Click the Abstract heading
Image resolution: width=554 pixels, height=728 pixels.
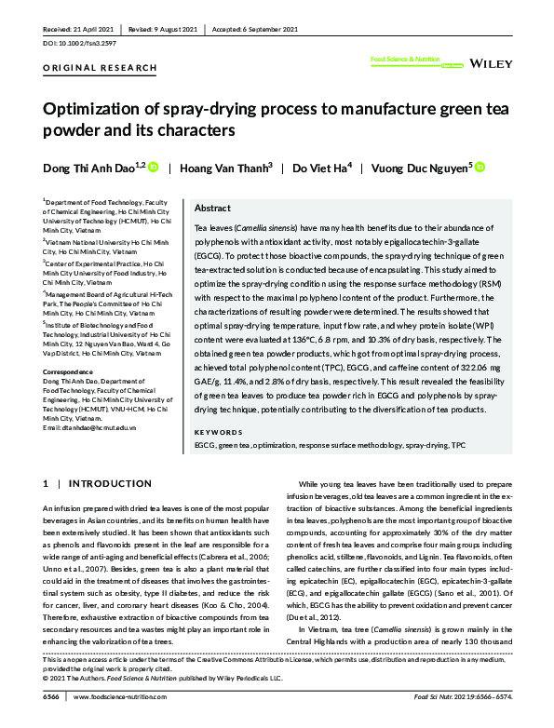coord(212,209)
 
